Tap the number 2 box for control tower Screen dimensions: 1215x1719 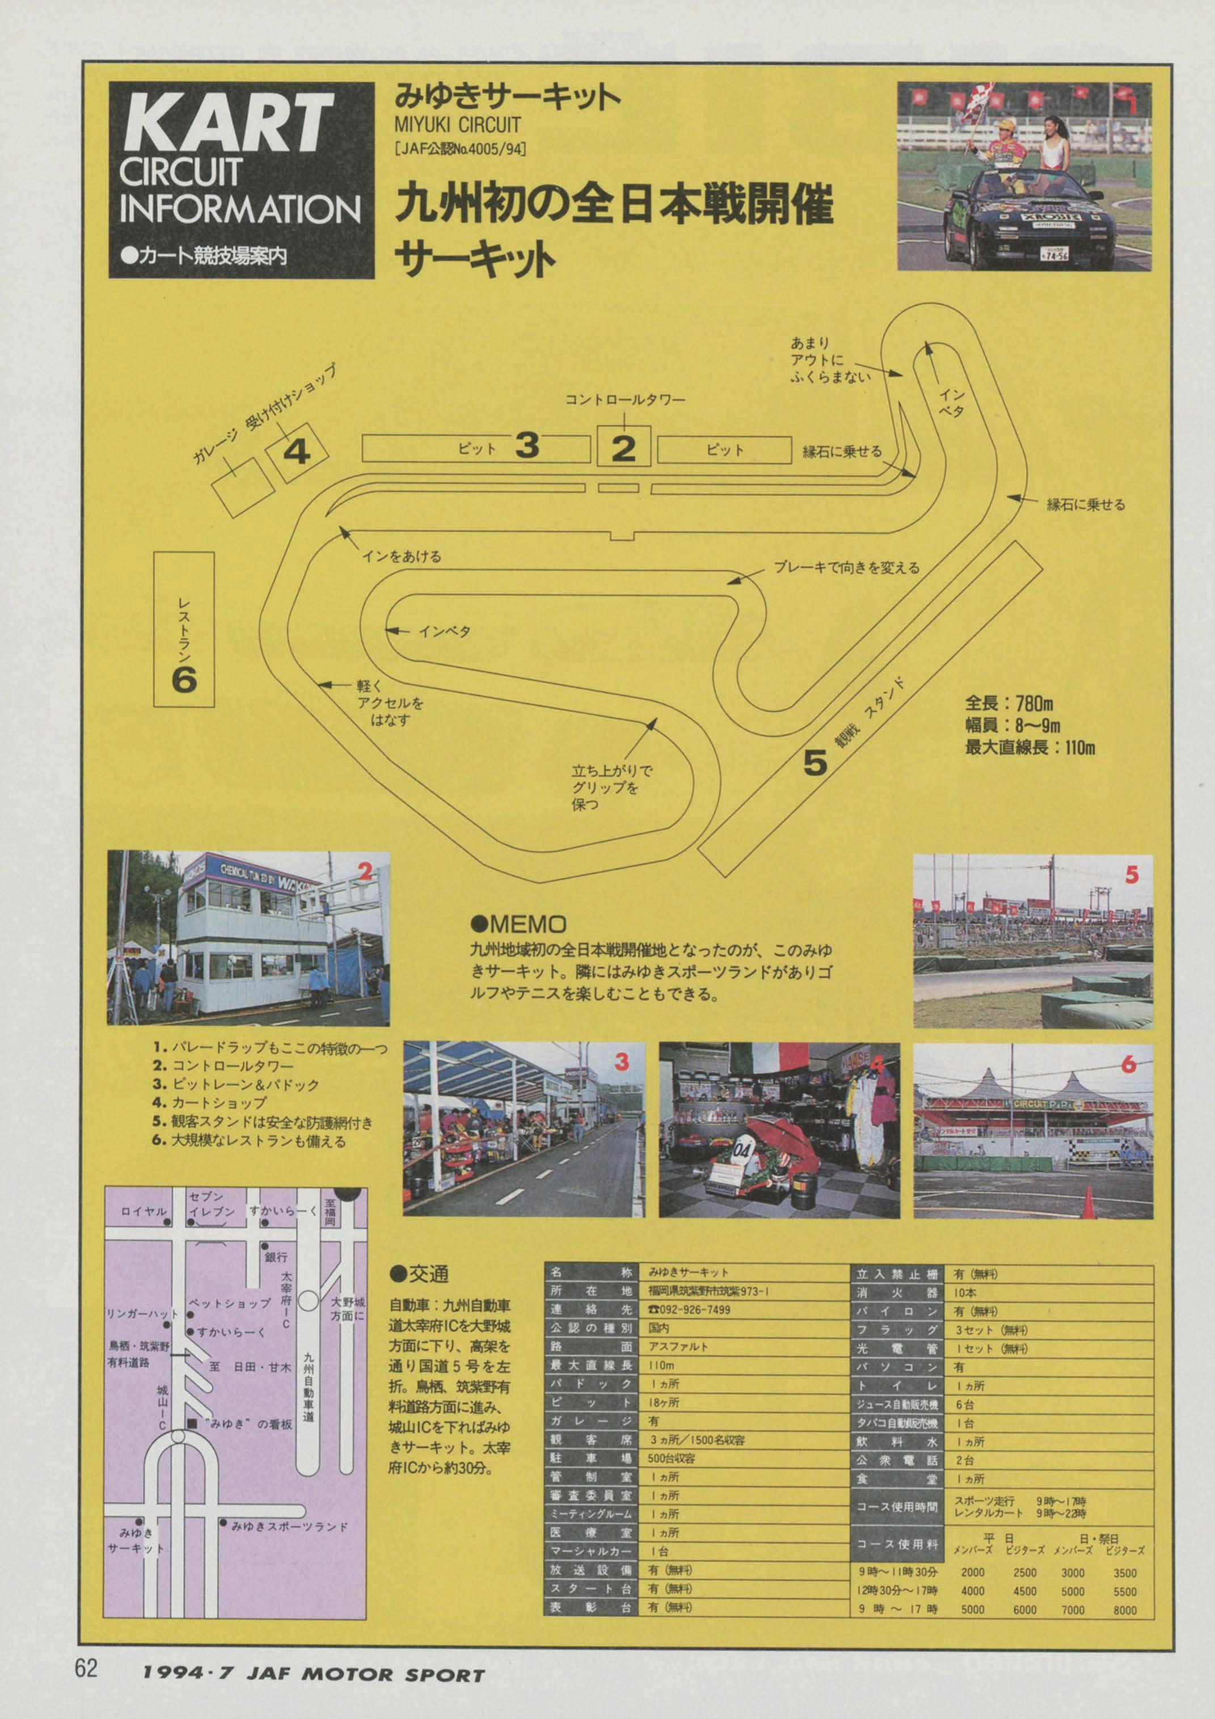pyautogui.click(x=623, y=448)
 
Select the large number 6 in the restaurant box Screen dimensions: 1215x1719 pyautogui.click(x=184, y=680)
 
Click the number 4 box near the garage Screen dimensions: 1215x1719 pyautogui.click(x=297, y=452)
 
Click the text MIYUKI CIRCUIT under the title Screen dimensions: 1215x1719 pyautogui.click(x=457, y=124)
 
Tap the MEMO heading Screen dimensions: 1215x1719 pyautogui.click(x=518, y=925)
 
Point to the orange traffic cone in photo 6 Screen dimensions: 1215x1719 pyautogui.click(x=1089, y=1202)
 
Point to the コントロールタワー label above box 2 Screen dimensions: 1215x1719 pyautogui.click(x=625, y=400)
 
